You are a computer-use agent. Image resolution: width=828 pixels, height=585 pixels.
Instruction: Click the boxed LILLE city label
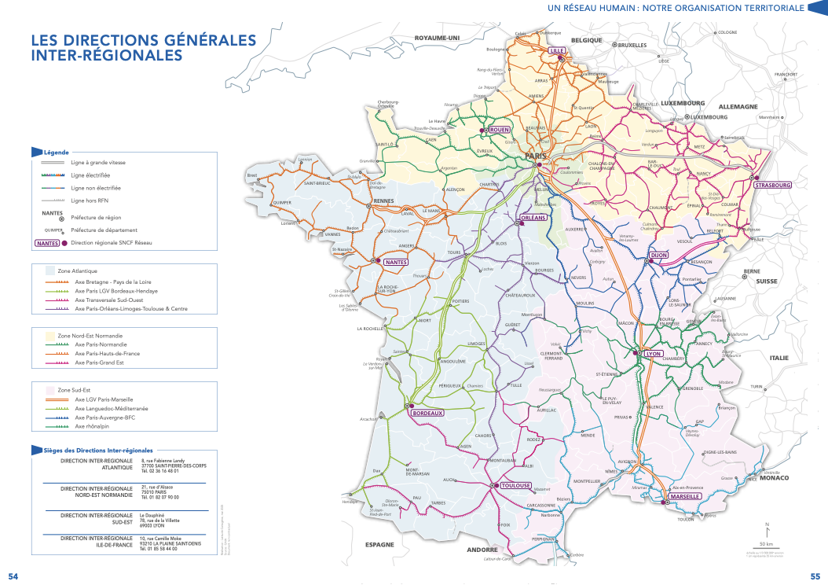pyautogui.click(x=558, y=50)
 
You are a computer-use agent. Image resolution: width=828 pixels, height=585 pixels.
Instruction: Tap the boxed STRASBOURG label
pyautogui.click(x=772, y=186)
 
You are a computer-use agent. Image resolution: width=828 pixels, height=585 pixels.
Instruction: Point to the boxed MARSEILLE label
pyautogui.click(x=685, y=497)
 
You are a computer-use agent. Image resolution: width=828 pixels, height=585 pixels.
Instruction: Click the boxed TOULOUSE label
pyautogui.click(x=517, y=485)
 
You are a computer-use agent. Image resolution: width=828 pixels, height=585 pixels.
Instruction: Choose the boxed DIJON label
pyautogui.click(x=658, y=256)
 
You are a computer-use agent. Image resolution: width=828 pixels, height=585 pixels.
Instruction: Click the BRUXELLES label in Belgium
pyautogui.click(x=631, y=45)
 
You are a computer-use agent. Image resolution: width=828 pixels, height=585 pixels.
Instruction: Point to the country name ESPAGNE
pyautogui.click(x=379, y=544)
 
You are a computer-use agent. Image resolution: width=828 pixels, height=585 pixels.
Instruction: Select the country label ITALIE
pyautogui.click(x=779, y=357)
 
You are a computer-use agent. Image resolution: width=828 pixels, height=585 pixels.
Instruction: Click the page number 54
pyautogui.click(x=13, y=576)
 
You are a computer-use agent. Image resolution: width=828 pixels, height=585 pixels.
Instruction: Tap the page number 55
pyautogui.click(x=815, y=576)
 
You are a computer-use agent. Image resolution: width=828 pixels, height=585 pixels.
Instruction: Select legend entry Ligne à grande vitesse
pyautogui.click(x=97, y=162)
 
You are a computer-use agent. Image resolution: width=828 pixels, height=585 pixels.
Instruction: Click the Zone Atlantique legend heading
pyautogui.click(x=78, y=270)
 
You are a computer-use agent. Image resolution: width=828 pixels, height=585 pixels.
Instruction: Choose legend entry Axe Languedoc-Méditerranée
pyautogui.click(x=111, y=409)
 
